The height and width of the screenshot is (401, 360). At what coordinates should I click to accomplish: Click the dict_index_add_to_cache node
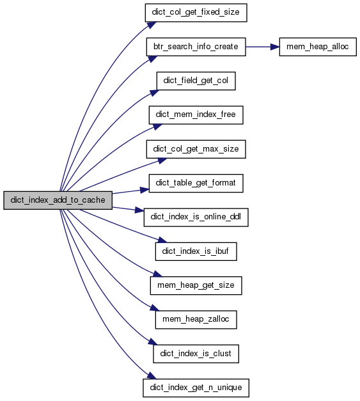pyautogui.click(x=58, y=200)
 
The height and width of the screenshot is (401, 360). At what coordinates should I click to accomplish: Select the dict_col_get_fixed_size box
pyautogui.click(x=196, y=13)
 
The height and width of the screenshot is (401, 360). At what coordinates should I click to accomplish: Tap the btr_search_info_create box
pyautogui.click(x=196, y=47)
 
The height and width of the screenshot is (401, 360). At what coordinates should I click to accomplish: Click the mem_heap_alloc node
pyautogui.click(x=318, y=47)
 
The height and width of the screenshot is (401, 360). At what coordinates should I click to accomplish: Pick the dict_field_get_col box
pyautogui.click(x=196, y=81)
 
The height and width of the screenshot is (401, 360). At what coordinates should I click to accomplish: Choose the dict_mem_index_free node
pyautogui.click(x=196, y=115)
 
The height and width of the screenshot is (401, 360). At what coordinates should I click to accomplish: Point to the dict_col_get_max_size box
pyautogui.click(x=196, y=149)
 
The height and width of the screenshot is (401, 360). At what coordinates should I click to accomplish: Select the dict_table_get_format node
pyautogui.click(x=196, y=184)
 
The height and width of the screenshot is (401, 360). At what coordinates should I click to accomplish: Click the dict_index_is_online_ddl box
pyautogui.click(x=196, y=217)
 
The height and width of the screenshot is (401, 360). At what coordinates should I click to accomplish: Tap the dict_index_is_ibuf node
pyautogui.click(x=196, y=251)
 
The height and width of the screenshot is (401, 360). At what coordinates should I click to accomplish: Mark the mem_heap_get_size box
pyautogui.click(x=196, y=286)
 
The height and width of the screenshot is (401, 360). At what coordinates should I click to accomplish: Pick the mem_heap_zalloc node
pyautogui.click(x=196, y=320)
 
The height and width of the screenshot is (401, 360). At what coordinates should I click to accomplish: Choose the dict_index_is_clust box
pyautogui.click(x=196, y=354)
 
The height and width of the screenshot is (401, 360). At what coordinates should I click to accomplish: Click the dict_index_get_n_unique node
pyautogui.click(x=196, y=388)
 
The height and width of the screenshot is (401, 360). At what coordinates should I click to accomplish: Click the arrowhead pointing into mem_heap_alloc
pyautogui.click(x=275, y=47)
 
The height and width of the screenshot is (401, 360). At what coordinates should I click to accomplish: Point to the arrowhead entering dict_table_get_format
pyautogui.click(x=145, y=190)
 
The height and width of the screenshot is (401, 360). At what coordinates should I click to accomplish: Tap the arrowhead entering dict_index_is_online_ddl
pyautogui.click(x=139, y=210)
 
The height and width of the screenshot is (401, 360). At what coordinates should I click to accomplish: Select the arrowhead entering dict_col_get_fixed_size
pyautogui.click(x=152, y=25)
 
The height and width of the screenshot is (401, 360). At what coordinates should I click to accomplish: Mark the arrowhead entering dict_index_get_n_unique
pyautogui.click(x=152, y=375)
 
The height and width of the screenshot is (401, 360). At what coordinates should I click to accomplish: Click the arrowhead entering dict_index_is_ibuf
pyautogui.click(x=162, y=240)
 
